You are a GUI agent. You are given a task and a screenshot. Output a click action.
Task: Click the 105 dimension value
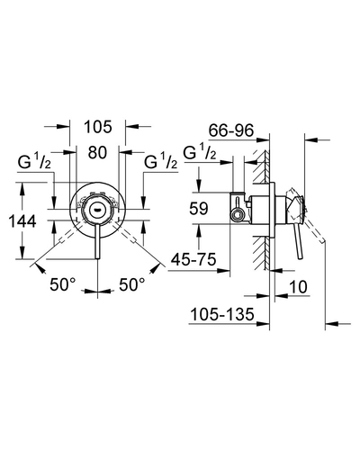(98, 127)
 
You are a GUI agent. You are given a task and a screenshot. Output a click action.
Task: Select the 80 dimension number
(97, 152)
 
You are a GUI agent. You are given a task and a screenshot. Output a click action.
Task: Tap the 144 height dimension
(22, 221)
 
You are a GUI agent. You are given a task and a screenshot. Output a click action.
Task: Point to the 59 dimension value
(199, 208)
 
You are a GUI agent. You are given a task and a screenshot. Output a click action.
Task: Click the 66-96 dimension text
(231, 130)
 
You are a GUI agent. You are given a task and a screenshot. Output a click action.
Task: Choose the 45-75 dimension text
(193, 259)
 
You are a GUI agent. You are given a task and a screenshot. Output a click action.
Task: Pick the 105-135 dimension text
(222, 314)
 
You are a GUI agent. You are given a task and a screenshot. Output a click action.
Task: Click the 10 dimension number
(298, 287)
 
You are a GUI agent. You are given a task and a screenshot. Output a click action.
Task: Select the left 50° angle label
(63, 284)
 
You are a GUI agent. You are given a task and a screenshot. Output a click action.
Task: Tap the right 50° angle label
(132, 284)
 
